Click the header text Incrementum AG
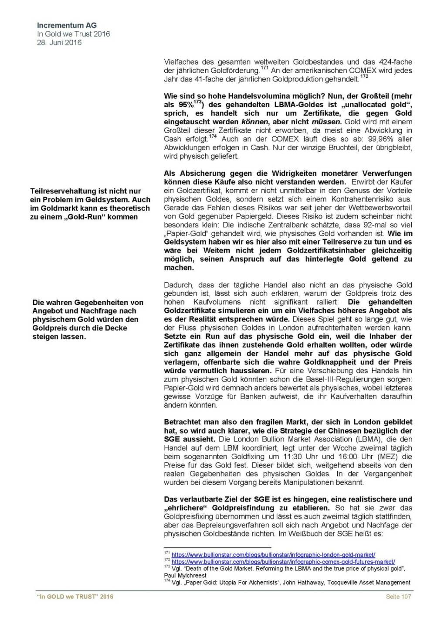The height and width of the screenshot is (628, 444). pos(67,25)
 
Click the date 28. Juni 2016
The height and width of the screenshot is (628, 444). pos(59,42)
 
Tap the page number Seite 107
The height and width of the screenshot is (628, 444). pos(398,597)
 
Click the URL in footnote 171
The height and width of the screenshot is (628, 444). pos(273,555)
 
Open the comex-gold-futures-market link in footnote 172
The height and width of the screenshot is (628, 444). pos(283,562)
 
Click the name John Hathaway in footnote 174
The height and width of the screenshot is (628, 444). pos(302,582)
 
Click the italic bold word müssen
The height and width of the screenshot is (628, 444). pos(327,122)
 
